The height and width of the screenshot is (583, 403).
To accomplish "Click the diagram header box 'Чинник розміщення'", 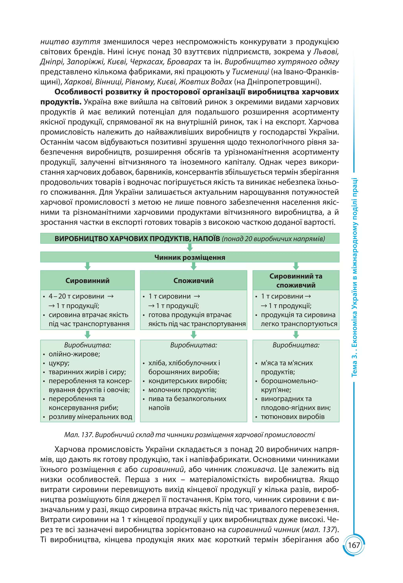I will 190,257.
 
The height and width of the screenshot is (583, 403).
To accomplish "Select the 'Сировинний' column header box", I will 87,280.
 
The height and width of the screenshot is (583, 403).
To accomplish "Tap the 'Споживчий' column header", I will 193,280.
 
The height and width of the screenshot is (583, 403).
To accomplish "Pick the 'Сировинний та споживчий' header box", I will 296,280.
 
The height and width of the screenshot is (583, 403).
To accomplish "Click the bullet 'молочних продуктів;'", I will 182,390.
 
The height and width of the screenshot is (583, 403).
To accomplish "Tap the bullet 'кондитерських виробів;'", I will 188,381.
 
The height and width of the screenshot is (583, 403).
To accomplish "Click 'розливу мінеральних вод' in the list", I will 90,416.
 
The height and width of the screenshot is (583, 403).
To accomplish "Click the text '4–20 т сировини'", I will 76,296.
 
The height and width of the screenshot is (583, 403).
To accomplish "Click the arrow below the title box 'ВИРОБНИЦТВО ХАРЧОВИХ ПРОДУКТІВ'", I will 190,248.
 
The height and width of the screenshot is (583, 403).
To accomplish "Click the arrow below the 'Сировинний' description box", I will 88,335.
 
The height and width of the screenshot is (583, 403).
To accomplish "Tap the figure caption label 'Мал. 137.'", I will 79,435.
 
